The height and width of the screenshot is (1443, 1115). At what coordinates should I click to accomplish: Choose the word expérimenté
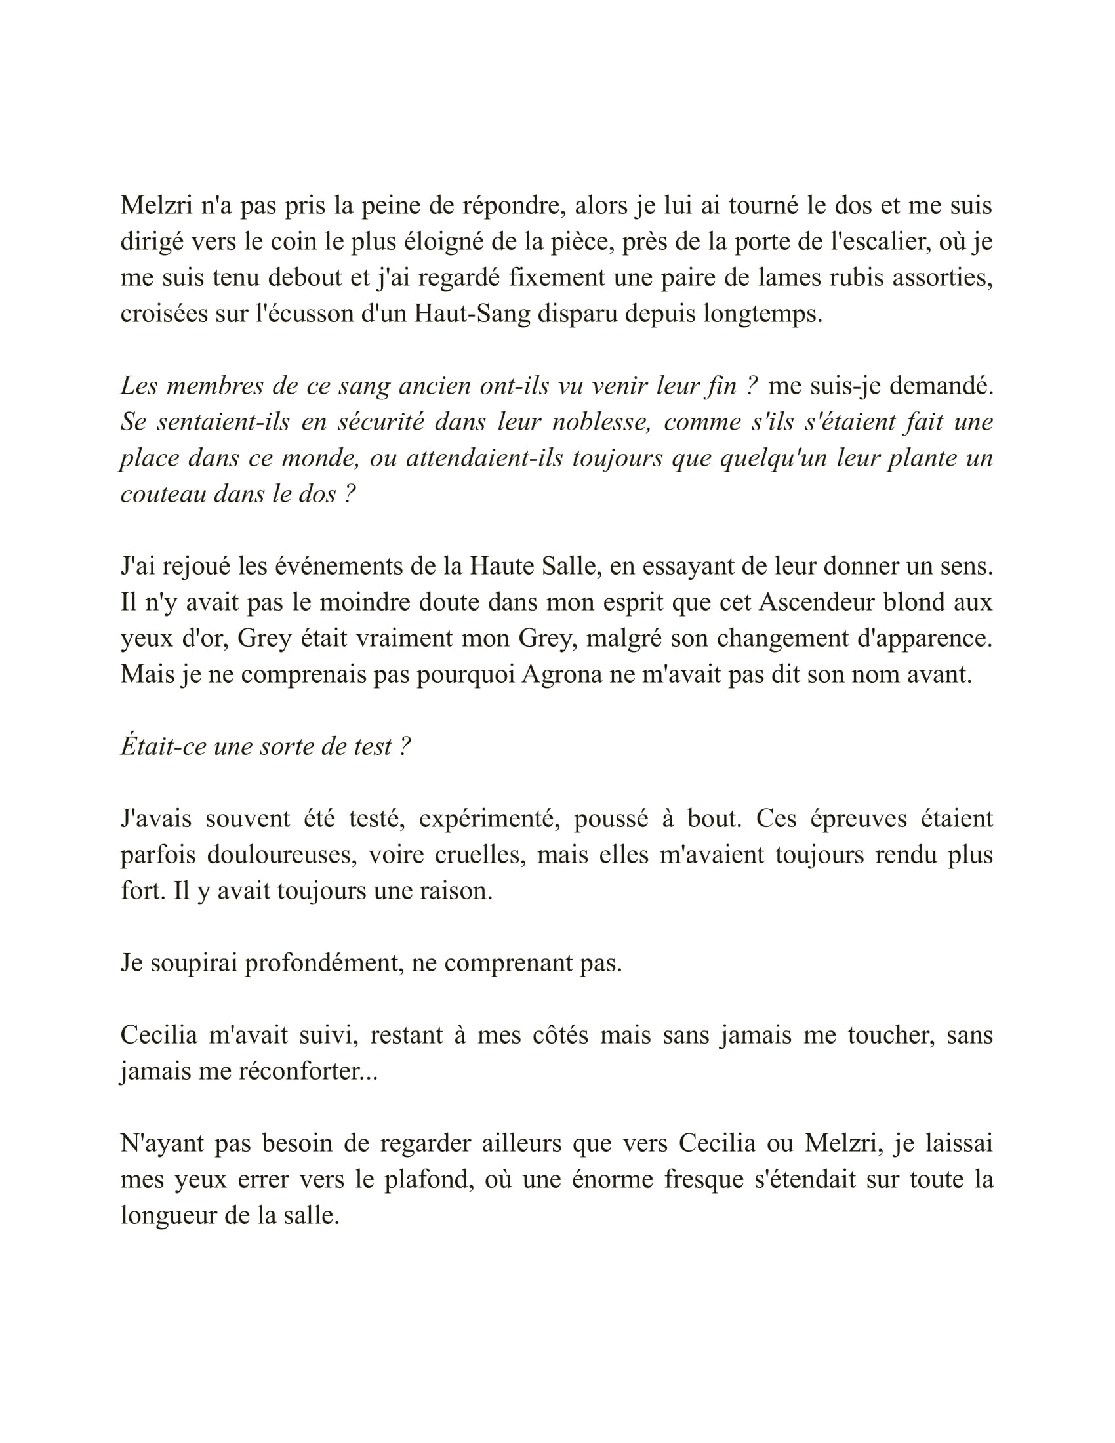click(x=489, y=819)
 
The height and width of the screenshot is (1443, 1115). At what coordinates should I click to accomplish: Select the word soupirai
click(x=193, y=964)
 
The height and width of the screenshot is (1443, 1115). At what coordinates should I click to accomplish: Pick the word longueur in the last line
click(x=168, y=1215)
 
